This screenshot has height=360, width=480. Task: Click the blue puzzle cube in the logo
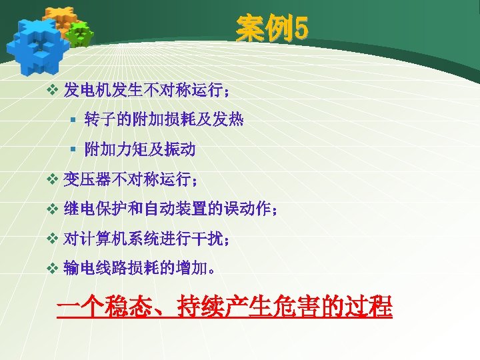pyautogui.click(x=37, y=41)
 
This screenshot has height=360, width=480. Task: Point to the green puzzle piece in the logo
pyautogui.click(x=79, y=33)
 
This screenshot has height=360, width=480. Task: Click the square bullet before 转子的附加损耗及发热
pyautogui.click(x=73, y=121)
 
